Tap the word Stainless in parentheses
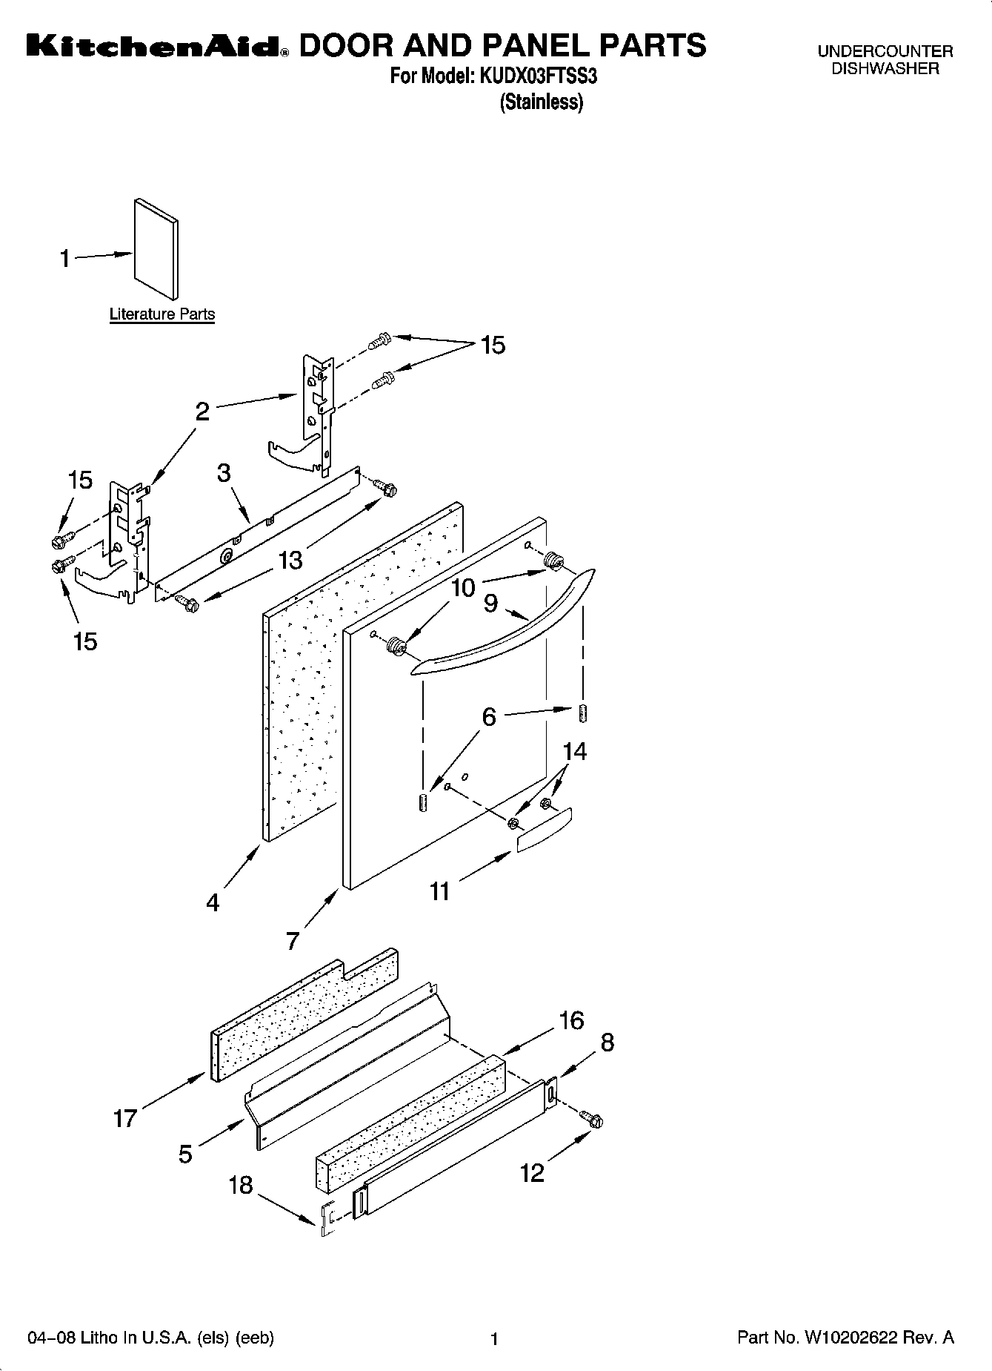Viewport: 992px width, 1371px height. tap(542, 102)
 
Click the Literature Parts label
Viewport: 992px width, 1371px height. tap(162, 314)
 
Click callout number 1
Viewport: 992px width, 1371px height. tap(65, 259)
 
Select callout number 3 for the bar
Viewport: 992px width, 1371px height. tap(224, 473)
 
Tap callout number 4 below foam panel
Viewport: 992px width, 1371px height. tap(213, 902)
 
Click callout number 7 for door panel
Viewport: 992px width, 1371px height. tap(293, 941)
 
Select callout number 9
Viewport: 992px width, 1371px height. tap(490, 604)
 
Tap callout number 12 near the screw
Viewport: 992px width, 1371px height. tap(532, 1172)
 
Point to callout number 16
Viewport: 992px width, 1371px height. tap(571, 1020)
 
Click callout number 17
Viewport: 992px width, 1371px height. tap(124, 1117)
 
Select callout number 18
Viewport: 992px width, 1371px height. tap(241, 1185)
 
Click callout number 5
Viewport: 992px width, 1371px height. tap(185, 1153)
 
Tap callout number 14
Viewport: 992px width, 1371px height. tap(574, 751)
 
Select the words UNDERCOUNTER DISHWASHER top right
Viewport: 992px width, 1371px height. tap(885, 60)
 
